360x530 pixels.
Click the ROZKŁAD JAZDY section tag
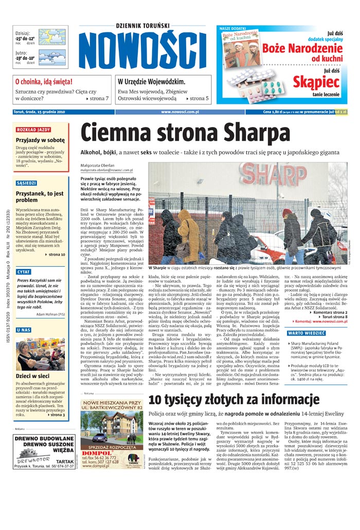(x=33, y=130)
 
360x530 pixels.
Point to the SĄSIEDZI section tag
(x=26, y=182)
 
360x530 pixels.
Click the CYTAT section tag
(x=24, y=271)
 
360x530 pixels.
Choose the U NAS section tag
(x=23, y=330)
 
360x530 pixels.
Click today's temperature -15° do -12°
(x=25, y=39)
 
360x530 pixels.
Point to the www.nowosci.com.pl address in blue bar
(x=179, y=112)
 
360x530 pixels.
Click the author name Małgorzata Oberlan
(x=98, y=166)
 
